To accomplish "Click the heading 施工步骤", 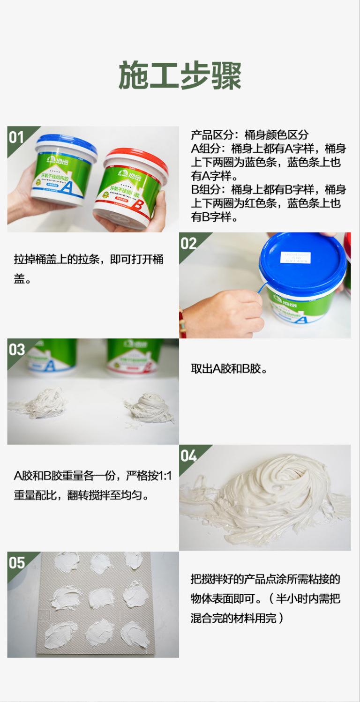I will click(x=180, y=75).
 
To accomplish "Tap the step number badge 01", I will click(x=16, y=137).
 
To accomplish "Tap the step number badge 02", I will click(x=188, y=243).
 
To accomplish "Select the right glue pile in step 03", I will click(x=149, y=406).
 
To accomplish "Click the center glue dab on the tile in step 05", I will click(x=101, y=598).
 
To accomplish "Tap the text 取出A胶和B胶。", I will click(x=229, y=369).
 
